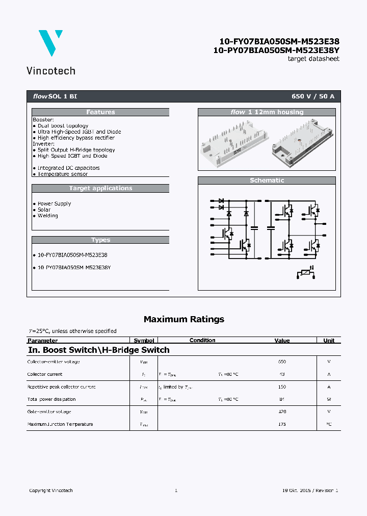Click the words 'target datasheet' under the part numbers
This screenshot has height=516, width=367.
pyautogui.click(x=313, y=59)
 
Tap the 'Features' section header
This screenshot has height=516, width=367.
pyautogui.click(x=100, y=112)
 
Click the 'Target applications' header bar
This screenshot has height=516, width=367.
pyautogui.click(x=100, y=188)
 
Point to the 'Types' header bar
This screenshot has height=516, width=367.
pyautogui.click(x=100, y=240)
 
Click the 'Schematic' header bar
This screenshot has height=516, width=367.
pyautogui.click(x=267, y=180)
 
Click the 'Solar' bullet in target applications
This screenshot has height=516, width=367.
pyautogui.click(x=44, y=210)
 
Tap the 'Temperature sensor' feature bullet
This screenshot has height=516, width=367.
pyautogui.click(x=62, y=174)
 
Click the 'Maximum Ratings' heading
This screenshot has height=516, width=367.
pyautogui.click(x=183, y=319)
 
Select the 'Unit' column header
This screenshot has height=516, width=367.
pyautogui.click(x=329, y=341)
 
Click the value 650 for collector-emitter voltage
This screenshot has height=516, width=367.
pyautogui.click(x=282, y=362)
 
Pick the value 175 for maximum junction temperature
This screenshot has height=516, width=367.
pyautogui.click(x=282, y=424)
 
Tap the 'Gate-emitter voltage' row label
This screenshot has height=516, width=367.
pyautogui.click(x=49, y=411)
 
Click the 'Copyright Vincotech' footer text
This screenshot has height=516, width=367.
pyautogui.click(x=51, y=491)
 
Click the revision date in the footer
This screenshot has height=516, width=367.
pyautogui.click(x=310, y=491)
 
